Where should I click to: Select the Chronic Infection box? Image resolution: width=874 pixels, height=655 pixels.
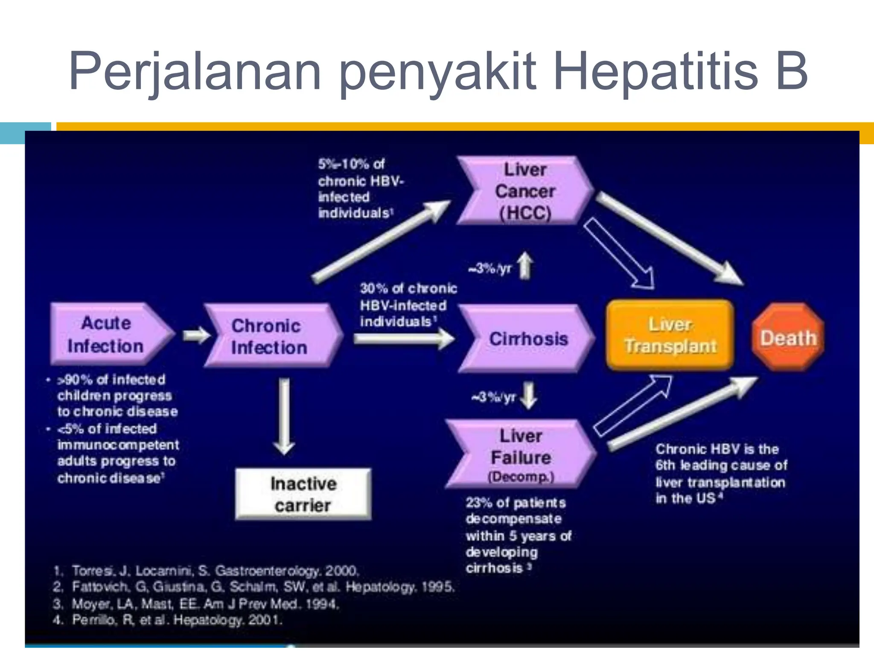pyautogui.click(x=270, y=336)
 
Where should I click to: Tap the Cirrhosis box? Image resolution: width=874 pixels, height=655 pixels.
pyautogui.click(x=527, y=339)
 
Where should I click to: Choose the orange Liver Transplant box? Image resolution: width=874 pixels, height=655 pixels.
pyautogui.click(x=670, y=335)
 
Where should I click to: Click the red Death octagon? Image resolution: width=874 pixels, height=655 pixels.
pyautogui.click(x=788, y=337)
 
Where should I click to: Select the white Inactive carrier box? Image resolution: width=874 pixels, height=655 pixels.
pyautogui.click(x=303, y=494)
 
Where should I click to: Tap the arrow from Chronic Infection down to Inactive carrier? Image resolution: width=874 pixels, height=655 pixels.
pyautogui.click(x=284, y=416)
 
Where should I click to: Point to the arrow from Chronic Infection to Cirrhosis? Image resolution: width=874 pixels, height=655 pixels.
pyautogui.click(x=403, y=339)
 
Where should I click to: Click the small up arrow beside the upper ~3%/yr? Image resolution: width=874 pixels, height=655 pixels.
pyautogui.click(x=525, y=266)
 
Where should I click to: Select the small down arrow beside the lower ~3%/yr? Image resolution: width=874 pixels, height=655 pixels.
pyautogui.click(x=529, y=396)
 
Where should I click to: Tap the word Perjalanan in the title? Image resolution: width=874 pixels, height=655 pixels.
pyautogui.click(x=195, y=70)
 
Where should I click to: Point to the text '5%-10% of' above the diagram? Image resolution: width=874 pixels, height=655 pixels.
pyautogui.click(x=351, y=164)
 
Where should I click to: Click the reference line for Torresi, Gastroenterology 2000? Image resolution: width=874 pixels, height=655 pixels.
pyautogui.click(x=207, y=571)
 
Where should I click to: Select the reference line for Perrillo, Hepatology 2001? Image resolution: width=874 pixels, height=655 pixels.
pyautogui.click(x=169, y=620)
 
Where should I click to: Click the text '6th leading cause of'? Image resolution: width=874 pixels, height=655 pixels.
pyautogui.click(x=721, y=465)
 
